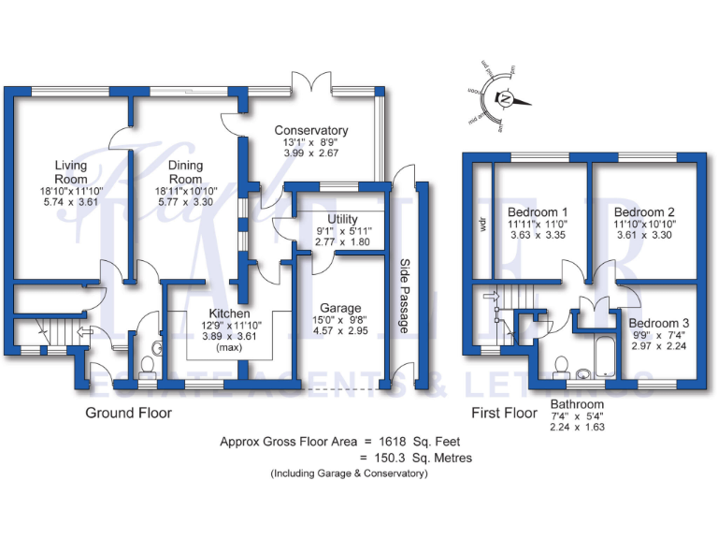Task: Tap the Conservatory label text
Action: (310, 131)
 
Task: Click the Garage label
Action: (340, 308)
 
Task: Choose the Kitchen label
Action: (229, 313)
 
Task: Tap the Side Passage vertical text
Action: (405, 296)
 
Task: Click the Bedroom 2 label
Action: (644, 211)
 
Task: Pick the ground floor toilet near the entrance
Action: (149, 365)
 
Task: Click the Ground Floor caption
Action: (129, 413)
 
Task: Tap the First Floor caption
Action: (503, 413)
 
